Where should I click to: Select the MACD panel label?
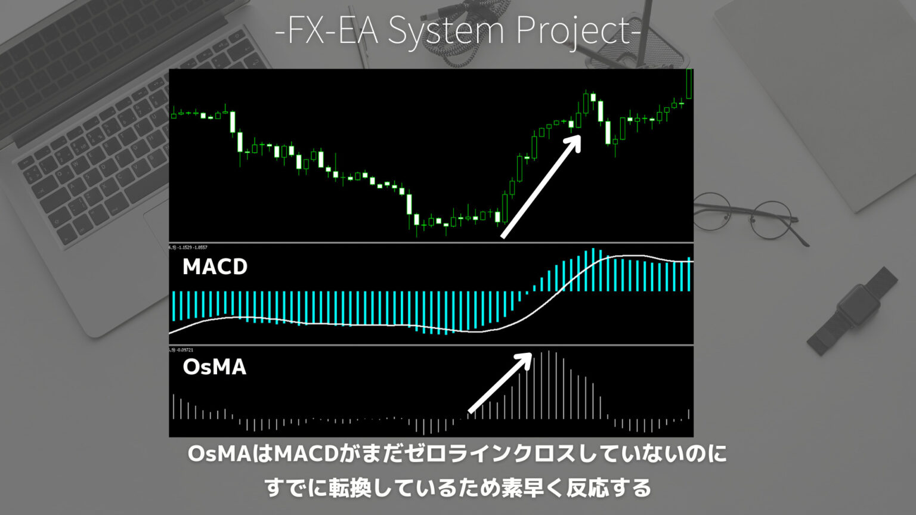(x=215, y=266)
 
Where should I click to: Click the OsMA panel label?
(x=214, y=367)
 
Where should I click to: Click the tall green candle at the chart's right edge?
(x=689, y=84)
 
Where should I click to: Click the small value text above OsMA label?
(x=182, y=349)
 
